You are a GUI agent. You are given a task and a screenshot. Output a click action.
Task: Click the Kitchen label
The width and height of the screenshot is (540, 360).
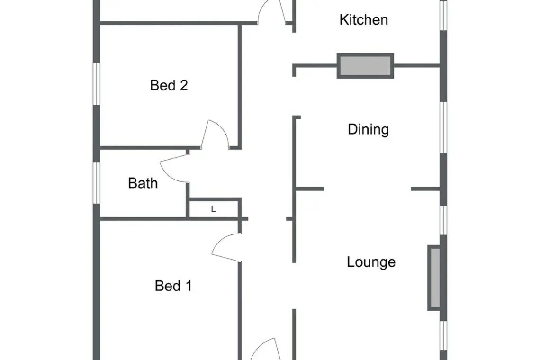tap(364, 19)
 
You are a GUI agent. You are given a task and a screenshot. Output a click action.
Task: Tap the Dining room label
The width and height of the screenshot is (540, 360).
tap(368, 130)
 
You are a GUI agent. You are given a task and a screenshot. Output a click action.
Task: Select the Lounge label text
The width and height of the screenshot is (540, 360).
tap(371, 262)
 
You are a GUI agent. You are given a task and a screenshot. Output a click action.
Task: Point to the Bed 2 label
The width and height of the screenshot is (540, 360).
tap(169, 85)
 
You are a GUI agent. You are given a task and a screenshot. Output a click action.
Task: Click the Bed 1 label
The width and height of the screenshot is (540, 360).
tap(173, 286)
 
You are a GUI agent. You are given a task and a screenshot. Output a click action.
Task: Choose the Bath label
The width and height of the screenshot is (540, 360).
tap(143, 183)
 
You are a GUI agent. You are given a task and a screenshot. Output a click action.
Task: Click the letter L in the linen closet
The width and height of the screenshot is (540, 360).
tap(213, 209)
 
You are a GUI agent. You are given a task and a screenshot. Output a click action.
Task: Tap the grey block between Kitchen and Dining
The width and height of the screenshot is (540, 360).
tap(365, 65)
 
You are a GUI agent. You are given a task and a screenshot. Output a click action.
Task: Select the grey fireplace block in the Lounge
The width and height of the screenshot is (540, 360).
tap(434, 278)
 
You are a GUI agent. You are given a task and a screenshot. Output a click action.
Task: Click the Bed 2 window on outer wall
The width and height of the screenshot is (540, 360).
tap(97, 84)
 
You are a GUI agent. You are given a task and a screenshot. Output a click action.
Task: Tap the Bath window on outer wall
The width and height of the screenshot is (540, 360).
tap(97, 183)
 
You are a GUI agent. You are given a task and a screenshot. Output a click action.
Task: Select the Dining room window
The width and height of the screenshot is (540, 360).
tap(443, 127)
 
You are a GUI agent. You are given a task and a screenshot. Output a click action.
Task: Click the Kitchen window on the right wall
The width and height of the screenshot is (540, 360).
tap(443, 16)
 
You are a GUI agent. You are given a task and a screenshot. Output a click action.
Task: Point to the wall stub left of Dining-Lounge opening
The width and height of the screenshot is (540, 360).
tap(310, 189)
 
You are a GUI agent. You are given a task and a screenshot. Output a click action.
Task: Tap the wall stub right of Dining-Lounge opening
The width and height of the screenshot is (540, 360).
tap(425, 189)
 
